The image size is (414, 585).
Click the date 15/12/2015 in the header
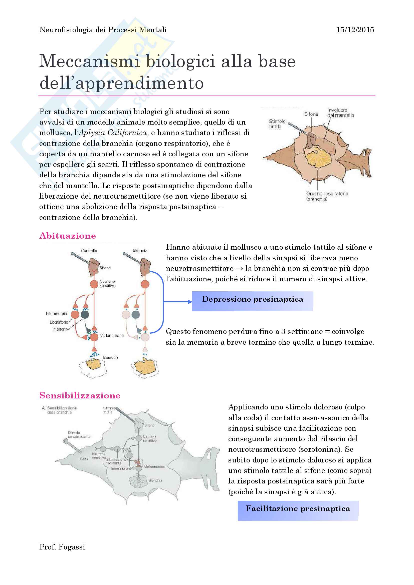coord(355,30)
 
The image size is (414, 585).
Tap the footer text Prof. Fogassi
coord(62,547)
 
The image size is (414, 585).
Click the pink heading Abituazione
coord(68,236)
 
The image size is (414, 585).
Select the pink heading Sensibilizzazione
coord(80,395)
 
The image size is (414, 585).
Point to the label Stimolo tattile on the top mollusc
coord(277,124)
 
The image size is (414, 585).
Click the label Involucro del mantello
coord(340,113)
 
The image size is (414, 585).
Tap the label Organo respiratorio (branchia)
coord(327,196)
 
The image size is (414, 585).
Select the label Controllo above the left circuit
coord(89,251)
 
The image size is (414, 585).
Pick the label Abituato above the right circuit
coord(140,251)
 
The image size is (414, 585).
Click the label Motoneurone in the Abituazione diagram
coord(111,336)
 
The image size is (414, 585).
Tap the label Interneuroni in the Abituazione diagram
coord(56,313)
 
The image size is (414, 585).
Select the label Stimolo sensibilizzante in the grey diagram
coord(79,434)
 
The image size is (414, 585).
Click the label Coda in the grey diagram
coord(84,459)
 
